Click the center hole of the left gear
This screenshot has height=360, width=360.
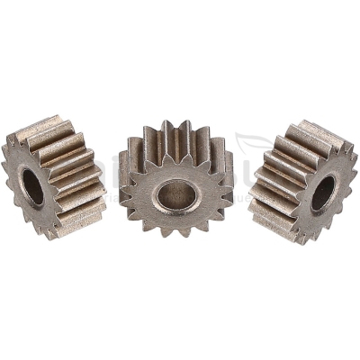coord(32,186)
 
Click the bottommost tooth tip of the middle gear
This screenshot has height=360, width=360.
coord(178,237)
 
